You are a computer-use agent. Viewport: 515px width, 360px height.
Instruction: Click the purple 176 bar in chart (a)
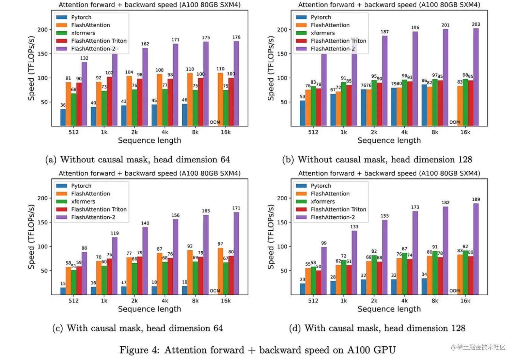pyautogui.click(x=236, y=83)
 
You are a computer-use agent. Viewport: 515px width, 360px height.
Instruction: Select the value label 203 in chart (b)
pyautogui.click(x=476, y=24)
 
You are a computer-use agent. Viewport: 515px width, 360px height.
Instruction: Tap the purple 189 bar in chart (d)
pyautogui.click(x=476, y=249)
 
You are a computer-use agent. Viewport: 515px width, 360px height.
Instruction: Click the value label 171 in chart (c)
pyautogui.click(x=236, y=208)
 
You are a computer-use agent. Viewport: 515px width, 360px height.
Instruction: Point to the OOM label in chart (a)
pyautogui.click(x=215, y=122)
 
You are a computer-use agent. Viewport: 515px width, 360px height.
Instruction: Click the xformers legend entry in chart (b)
pyautogui.click(x=322, y=33)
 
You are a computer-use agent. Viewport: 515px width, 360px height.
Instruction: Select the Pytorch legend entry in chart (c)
pyautogui.click(x=81, y=186)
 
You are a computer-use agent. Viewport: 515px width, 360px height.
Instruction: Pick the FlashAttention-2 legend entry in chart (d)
pyautogui.click(x=332, y=217)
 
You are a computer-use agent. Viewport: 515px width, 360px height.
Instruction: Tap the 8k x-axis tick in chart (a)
pyautogui.click(x=195, y=132)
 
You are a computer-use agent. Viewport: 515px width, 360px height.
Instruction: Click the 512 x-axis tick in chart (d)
pyautogui.click(x=313, y=301)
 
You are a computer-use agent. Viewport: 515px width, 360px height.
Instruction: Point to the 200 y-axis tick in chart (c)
pyautogui.click(x=43, y=198)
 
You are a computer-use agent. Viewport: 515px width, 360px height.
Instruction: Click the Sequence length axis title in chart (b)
pyautogui.click(x=389, y=140)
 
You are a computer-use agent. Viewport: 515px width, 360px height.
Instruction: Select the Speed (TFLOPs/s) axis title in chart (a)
pyautogui.click(x=31, y=68)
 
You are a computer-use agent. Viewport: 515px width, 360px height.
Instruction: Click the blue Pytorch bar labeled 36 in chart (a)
pyautogui.click(x=63, y=117)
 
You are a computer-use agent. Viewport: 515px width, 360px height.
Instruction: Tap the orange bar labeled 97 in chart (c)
pyautogui.click(x=220, y=271)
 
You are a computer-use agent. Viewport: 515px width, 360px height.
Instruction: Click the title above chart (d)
pyautogui.click(x=389, y=173)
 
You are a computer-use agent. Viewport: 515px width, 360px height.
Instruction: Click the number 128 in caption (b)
pyautogui.click(x=465, y=159)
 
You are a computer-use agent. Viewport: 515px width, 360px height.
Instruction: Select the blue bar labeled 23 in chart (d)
pyautogui.click(x=302, y=289)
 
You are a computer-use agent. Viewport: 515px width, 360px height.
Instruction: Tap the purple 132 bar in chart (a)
pyautogui.click(x=84, y=94)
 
